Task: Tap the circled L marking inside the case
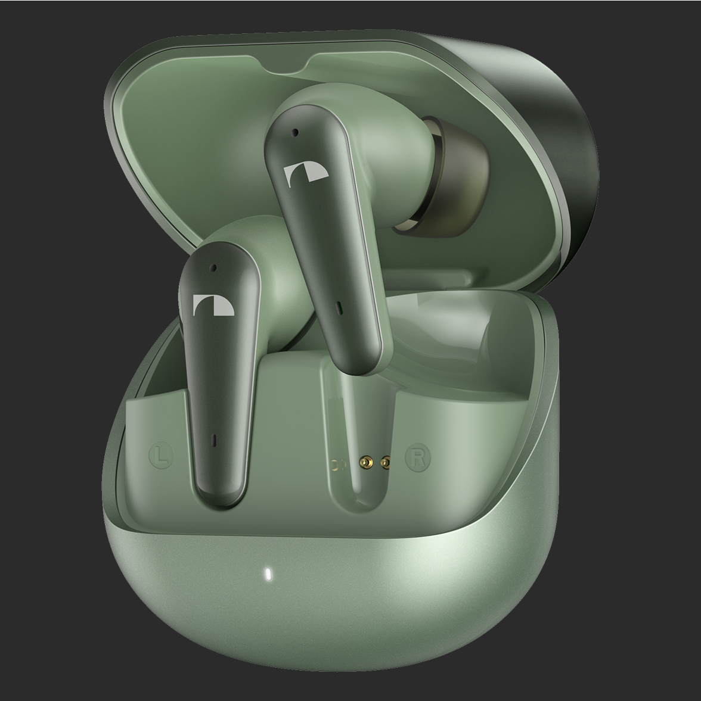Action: click(x=161, y=455)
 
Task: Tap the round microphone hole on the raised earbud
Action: click(x=295, y=132)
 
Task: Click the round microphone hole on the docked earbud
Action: click(x=213, y=268)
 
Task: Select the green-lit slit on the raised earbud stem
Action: click(x=340, y=307)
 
